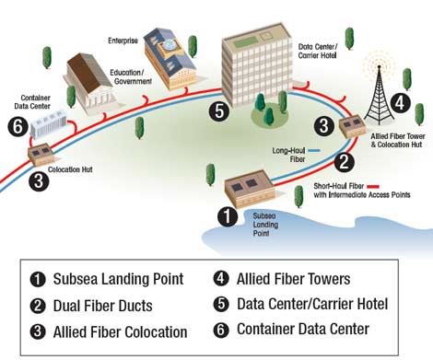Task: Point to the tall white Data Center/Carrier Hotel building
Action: point(260,75)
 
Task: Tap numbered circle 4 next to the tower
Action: point(401,103)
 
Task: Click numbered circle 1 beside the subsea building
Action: point(225,217)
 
